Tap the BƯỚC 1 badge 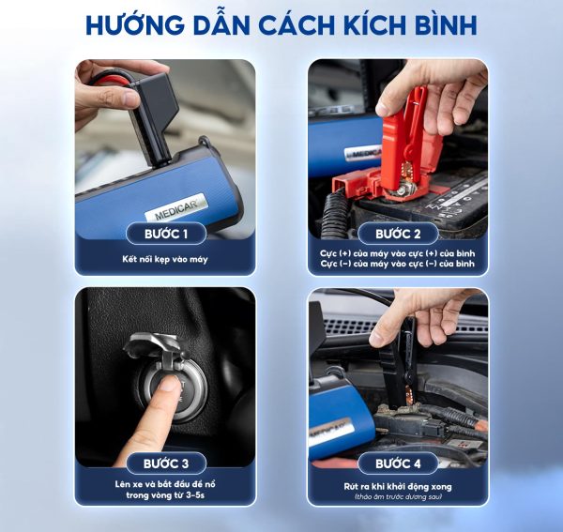[x=166, y=234]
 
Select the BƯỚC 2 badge [x=398, y=234]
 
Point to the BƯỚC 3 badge [x=166, y=464]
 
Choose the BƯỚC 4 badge [x=398, y=464]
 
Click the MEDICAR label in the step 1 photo [x=176, y=207]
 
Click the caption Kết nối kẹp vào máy [x=165, y=259]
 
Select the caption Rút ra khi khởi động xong [x=398, y=487]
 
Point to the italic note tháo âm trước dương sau [x=398, y=497]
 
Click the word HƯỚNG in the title [x=134, y=25]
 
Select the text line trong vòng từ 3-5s [x=165, y=495]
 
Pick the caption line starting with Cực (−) [x=398, y=264]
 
